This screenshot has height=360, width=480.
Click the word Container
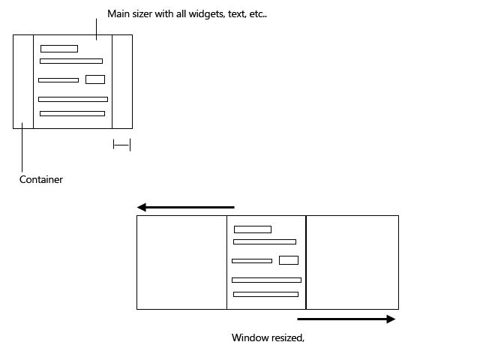pos(41,180)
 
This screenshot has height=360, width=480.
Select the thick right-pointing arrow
pos(346,319)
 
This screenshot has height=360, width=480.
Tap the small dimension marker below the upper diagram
pos(121,145)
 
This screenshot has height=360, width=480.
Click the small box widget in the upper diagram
pos(94,79)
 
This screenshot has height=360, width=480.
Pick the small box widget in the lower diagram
pos(289,260)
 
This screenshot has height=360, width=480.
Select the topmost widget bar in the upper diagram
pos(59,49)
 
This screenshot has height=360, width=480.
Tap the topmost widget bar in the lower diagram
pos(253,229)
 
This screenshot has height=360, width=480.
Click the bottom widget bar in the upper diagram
pos(72,114)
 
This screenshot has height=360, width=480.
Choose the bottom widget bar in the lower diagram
pos(265,294)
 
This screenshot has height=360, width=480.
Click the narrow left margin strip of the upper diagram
pos(23,82)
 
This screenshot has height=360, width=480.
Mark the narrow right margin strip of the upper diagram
pos(122,82)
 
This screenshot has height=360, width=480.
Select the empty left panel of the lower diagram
pos(181,262)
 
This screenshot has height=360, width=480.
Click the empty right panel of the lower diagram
pos(352,262)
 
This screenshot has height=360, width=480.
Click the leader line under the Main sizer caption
pos(96,30)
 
